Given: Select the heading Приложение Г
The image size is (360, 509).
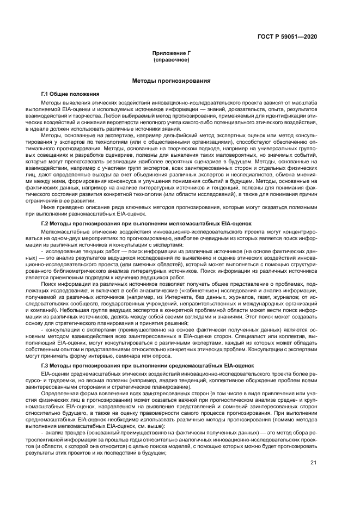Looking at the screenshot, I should click(172, 54).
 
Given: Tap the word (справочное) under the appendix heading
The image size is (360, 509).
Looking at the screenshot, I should click(172, 60).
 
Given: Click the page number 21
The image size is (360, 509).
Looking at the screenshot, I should click(313, 463).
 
